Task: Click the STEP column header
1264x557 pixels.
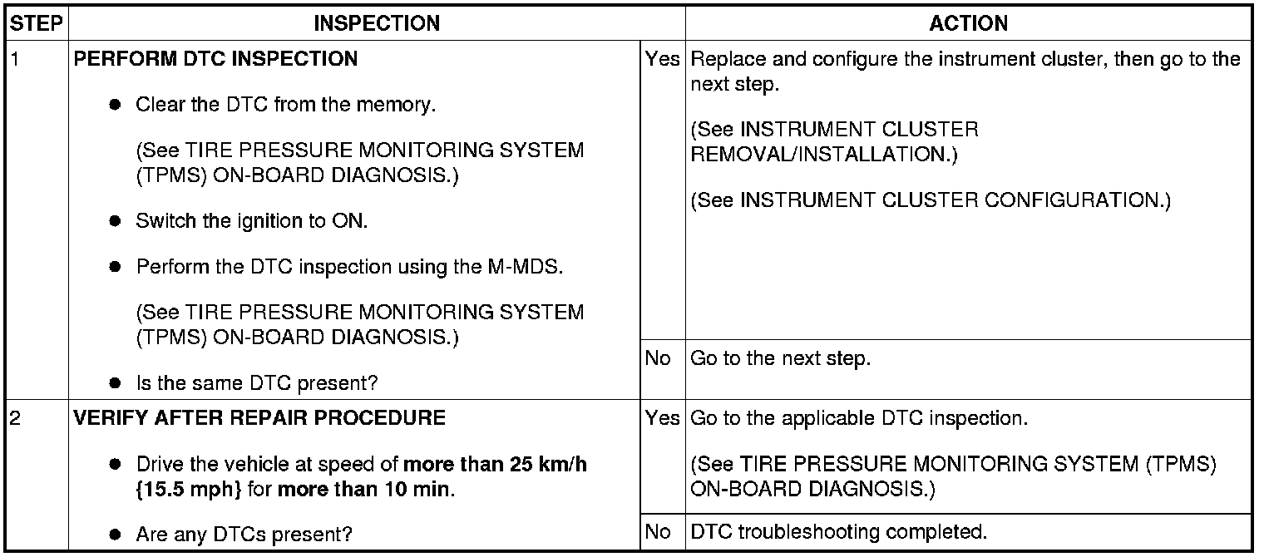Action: pyautogui.click(x=37, y=23)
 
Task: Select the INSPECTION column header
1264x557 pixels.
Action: pyautogui.click(x=377, y=23)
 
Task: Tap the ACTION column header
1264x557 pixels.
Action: pyautogui.click(x=968, y=23)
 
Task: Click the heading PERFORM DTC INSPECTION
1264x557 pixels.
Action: pyautogui.click(x=216, y=59)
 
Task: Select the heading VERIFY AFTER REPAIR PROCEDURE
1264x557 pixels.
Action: pyautogui.click(x=259, y=417)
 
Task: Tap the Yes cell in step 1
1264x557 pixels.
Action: pyautogui.click(x=662, y=59)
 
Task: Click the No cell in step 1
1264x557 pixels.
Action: pyautogui.click(x=657, y=359)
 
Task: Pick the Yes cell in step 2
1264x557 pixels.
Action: pyautogui.click(x=662, y=417)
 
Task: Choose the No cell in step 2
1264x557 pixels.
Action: pyautogui.click(x=657, y=531)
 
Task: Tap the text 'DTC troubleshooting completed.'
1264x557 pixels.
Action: pyautogui.click(x=838, y=531)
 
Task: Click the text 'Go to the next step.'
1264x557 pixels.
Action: pyautogui.click(x=780, y=359)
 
